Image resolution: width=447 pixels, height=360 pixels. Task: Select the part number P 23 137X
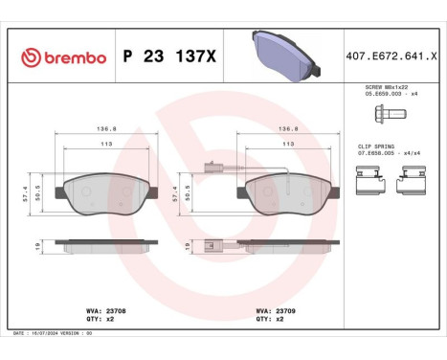[x=170, y=58]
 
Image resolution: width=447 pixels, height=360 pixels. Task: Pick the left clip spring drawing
[x=370, y=180]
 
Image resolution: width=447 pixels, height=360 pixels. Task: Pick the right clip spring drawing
[x=412, y=180]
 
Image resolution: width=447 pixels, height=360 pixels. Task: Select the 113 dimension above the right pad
[x=288, y=146]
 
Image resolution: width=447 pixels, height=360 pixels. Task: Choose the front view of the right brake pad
[x=288, y=197]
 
